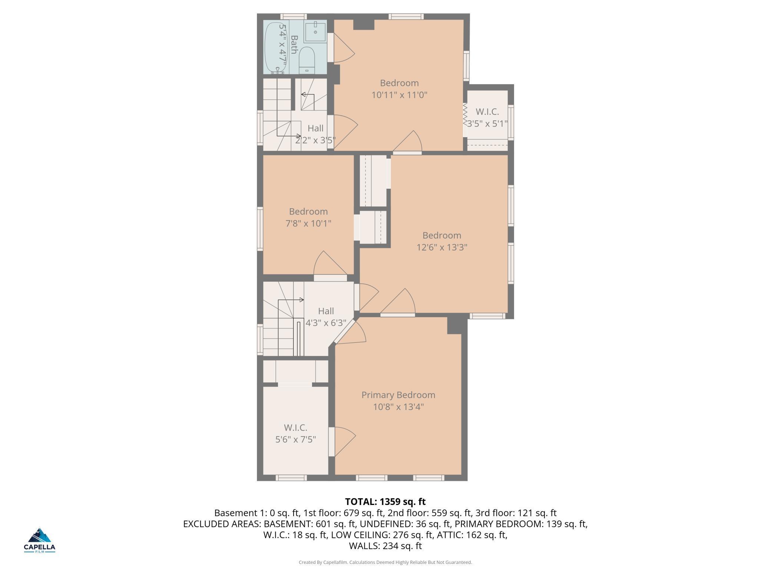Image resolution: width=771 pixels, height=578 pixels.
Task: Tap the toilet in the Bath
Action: click(307, 60)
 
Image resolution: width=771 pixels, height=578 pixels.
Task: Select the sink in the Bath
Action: click(315, 32)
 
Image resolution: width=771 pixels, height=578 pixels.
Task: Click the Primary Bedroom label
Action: click(398, 395)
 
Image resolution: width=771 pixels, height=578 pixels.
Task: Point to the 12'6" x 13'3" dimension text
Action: click(442, 247)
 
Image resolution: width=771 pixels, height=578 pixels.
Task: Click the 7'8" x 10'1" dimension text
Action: click(308, 223)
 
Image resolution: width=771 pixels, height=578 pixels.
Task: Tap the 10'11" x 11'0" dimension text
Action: click(399, 95)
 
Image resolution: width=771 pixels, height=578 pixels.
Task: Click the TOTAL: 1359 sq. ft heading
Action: click(385, 502)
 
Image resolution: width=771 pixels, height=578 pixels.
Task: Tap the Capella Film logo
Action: click(39, 541)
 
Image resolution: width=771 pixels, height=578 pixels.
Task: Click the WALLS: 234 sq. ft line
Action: click(385, 546)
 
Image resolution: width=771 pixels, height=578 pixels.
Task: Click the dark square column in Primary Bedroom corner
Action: click(454, 325)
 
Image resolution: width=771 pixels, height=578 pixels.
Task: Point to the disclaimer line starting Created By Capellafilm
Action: click(385, 562)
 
